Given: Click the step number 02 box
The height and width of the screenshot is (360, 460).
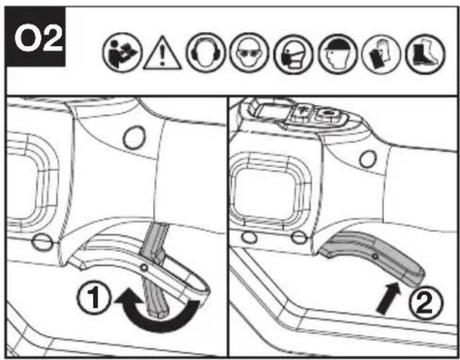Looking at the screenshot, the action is point(35,37).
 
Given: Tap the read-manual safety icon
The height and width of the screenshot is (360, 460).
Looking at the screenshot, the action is point(122,53).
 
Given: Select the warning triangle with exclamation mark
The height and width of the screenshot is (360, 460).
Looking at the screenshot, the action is point(163,54).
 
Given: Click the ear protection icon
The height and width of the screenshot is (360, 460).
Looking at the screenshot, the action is point(206,53).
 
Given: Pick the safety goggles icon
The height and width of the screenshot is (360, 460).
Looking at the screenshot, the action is point(249,53).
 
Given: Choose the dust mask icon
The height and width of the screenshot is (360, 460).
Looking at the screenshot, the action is point(293,54).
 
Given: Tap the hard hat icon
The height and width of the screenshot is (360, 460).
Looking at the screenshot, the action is point(338,54).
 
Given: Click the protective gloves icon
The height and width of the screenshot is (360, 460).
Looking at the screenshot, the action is point(381,54).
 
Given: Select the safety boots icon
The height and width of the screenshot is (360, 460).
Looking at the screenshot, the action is point(425,54).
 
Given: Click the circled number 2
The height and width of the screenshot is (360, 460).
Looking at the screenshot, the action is point(425,302).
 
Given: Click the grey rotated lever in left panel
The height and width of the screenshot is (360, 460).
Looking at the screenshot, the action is point(155,270).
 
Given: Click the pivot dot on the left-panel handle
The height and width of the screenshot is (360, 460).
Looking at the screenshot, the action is point(143,268).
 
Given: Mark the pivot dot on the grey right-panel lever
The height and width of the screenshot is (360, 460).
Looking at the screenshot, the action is point(375,256).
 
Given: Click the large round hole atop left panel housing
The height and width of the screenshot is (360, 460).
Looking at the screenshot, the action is point(134,137).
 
